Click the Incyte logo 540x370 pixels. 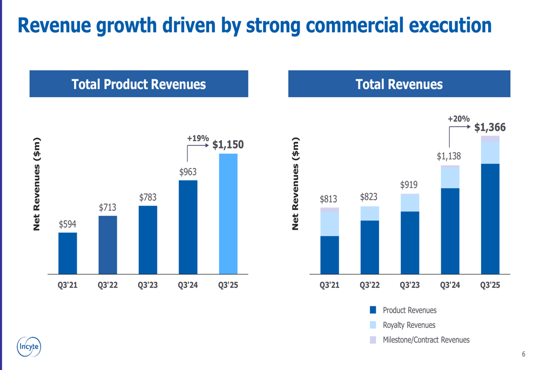(28, 347)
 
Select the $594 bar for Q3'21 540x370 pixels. (67, 253)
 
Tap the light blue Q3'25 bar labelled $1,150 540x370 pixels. (228, 214)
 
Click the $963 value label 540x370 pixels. (188, 172)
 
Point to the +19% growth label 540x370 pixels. (198, 139)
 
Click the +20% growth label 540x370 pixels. (458, 119)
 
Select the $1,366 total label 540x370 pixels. (490, 127)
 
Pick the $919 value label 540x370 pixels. (409, 185)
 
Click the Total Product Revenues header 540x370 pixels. (139, 84)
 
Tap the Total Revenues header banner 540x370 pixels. (399, 84)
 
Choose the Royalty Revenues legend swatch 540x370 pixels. (373, 325)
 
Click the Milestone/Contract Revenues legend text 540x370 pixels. (426, 340)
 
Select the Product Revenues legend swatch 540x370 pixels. (373, 310)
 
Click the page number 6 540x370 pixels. (523, 354)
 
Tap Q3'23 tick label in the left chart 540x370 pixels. (147, 285)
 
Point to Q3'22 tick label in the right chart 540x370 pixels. (369, 285)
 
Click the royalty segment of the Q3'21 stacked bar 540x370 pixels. (329, 224)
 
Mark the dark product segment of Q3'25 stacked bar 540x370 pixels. (490, 219)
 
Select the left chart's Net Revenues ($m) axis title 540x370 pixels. (37, 184)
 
